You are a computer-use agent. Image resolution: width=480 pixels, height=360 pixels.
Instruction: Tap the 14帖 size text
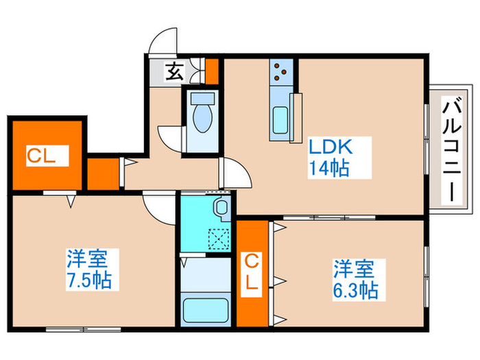[x=328, y=167]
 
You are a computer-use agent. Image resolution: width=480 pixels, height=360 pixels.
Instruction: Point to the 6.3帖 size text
[x=356, y=289]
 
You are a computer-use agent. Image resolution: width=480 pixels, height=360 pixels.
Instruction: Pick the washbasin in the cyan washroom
[x=221, y=208]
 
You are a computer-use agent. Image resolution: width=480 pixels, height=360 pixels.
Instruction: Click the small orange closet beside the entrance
[x=213, y=69]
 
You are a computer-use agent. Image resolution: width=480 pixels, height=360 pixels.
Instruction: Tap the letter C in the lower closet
[x=253, y=261]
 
